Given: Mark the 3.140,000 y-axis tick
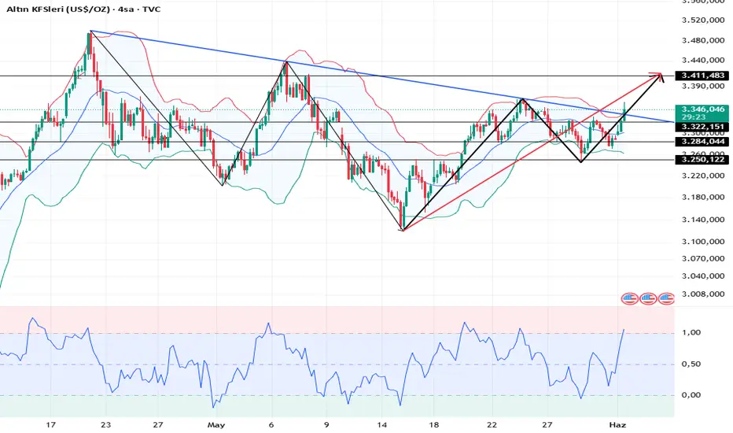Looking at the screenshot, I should tap(703, 220).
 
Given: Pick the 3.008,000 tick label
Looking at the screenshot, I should tap(703, 294).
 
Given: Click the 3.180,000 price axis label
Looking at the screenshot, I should tap(703, 198).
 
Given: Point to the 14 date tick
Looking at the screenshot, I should tap(381, 425).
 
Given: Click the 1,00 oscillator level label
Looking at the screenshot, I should tap(690, 333).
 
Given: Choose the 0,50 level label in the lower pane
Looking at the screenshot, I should tap(690, 365).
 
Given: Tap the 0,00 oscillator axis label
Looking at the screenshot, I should tap(690, 395).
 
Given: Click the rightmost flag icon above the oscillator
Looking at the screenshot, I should tap(666, 298).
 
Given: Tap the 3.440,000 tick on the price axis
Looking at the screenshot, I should tap(703, 59).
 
